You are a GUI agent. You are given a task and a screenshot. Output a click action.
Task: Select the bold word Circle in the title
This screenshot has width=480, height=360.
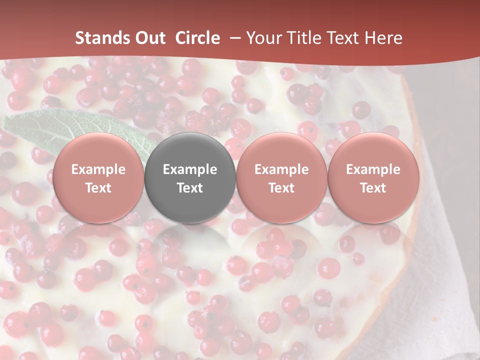click(x=197, y=38)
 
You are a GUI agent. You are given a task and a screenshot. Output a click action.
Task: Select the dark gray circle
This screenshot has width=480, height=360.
click(x=190, y=178)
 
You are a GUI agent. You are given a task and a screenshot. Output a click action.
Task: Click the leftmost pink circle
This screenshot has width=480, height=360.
click(x=98, y=178)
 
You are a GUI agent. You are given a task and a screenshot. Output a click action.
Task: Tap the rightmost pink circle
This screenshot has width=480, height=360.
click(x=373, y=178)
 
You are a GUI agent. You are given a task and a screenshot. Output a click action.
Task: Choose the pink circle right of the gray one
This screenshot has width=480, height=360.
click(x=281, y=178)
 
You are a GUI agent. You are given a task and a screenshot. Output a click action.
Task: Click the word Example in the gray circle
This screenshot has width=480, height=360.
click(x=190, y=169)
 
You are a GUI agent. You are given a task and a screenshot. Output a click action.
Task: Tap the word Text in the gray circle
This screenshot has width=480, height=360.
click(x=190, y=188)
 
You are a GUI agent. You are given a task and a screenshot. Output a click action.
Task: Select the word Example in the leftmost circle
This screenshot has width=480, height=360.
click(x=98, y=169)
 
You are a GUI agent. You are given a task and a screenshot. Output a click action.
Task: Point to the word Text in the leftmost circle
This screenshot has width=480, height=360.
click(x=98, y=188)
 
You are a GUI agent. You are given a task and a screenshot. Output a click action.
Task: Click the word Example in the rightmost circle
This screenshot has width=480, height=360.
click(x=373, y=169)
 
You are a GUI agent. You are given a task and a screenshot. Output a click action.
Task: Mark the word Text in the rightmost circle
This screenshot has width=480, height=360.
click(x=373, y=188)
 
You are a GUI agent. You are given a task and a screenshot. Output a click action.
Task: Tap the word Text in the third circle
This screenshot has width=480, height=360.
click(x=281, y=188)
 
